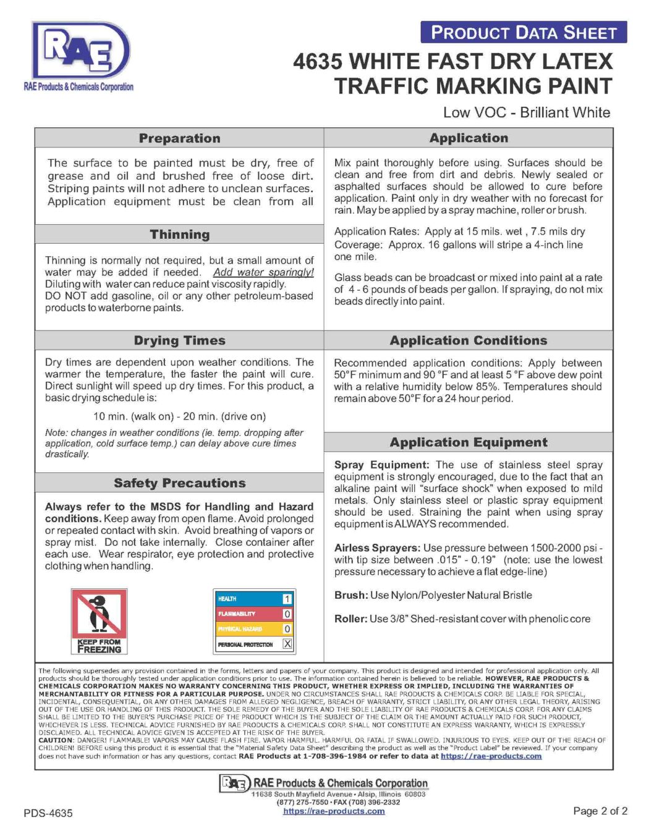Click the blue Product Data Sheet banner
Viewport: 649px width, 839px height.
pyautogui.click(x=523, y=32)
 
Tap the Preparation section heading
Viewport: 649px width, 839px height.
pyautogui.click(x=179, y=138)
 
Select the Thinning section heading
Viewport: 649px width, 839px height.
pyautogui.click(x=179, y=235)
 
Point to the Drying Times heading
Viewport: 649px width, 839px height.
pyautogui.click(x=179, y=341)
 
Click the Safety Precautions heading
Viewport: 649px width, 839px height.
pyautogui.click(x=179, y=483)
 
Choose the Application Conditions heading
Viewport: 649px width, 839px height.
pyautogui.click(x=468, y=341)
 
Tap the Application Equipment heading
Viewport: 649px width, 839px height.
pyautogui.click(x=468, y=443)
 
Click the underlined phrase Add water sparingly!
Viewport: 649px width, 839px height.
pyautogui.click(x=263, y=272)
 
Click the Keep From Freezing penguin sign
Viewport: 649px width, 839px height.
pyautogui.click(x=99, y=620)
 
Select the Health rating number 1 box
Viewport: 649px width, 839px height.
pyautogui.click(x=287, y=599)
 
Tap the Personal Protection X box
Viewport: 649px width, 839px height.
pyautogui.click(x=287, y=644)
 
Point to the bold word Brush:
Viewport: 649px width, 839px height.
pyautogui.click(x=351, y=595)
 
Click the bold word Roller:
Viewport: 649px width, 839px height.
pyautogui.click(x=351, y=619)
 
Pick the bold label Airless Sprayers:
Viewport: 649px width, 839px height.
pyautogui.click(x=377, y=548)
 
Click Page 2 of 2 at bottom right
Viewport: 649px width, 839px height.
pyautogui.click(x=600, y=811)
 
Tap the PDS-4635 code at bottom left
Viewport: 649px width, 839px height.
pyautogui.click(x=48, y=813)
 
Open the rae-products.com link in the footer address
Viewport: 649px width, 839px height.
pyautogui.click(x=334, y=811)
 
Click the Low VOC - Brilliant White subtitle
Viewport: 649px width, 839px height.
pyautogui.click(x=526, y=112)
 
